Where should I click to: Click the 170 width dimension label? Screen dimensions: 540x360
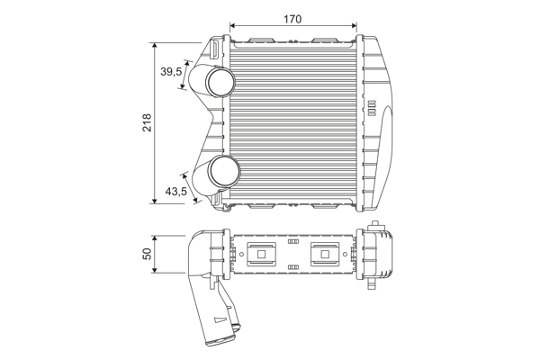(292, 19)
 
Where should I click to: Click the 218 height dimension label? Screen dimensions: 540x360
(147, 122)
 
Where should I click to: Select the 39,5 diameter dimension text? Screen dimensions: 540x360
(171, 72)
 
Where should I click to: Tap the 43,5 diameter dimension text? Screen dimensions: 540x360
(175, 191)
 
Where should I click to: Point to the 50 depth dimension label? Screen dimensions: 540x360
(147, 254)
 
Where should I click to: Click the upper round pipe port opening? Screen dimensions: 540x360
(220, 83)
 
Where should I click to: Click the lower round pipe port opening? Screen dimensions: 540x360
(225, 171)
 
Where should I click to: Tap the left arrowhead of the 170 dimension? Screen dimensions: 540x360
(232, 25)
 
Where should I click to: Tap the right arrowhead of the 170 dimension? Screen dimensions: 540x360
(354, 25)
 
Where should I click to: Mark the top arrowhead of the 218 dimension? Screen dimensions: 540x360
(155, 46)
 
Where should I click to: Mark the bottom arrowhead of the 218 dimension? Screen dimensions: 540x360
(155, 201)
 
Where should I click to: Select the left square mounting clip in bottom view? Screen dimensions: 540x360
(261, 254)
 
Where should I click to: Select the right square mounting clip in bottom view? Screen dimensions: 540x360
(325, 254)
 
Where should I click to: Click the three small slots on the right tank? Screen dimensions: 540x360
(372, 108)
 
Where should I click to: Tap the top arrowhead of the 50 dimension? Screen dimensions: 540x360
(155, 238)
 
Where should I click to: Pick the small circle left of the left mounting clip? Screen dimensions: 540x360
(241, 254)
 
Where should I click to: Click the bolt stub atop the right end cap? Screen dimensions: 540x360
(375, 225)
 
